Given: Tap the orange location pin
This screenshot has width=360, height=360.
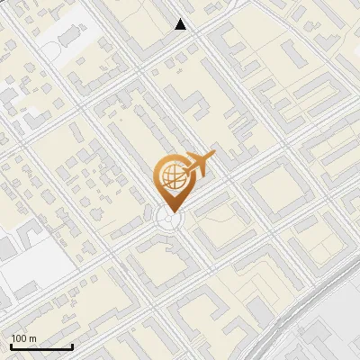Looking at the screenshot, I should tap(172, 181).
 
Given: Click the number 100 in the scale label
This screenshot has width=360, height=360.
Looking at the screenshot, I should tap(19, 338).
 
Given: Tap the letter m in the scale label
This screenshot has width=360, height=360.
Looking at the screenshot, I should tap(32, 338).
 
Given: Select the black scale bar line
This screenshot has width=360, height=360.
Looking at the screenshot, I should tap(41, 347).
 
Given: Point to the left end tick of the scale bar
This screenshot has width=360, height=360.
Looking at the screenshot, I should tap(11, 346).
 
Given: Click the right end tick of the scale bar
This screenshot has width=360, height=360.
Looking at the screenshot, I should tap(72, 346).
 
